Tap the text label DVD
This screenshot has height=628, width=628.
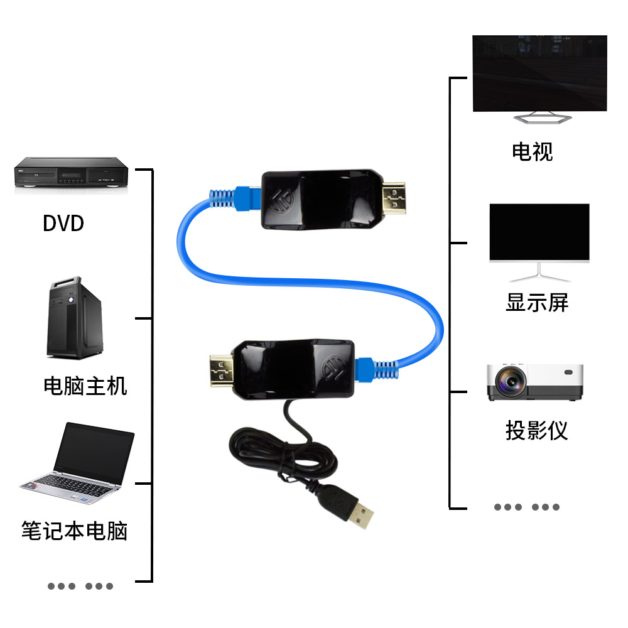[63, 223]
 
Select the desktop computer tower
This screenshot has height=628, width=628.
[74, 317]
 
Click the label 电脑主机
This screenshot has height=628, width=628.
[85, 385]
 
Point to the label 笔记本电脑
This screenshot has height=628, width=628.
[74, 531]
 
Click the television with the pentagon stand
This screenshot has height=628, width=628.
[539, 75]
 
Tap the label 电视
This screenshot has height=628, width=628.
[532, 151]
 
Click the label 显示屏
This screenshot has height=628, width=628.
[537, 303]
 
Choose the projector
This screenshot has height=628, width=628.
[535, 381]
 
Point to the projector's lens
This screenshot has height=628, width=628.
[509, 381]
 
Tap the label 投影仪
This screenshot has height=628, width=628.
[536, 431]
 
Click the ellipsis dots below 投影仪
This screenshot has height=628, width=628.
[526, 507]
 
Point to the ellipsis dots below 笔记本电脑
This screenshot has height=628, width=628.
[80, 586]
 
